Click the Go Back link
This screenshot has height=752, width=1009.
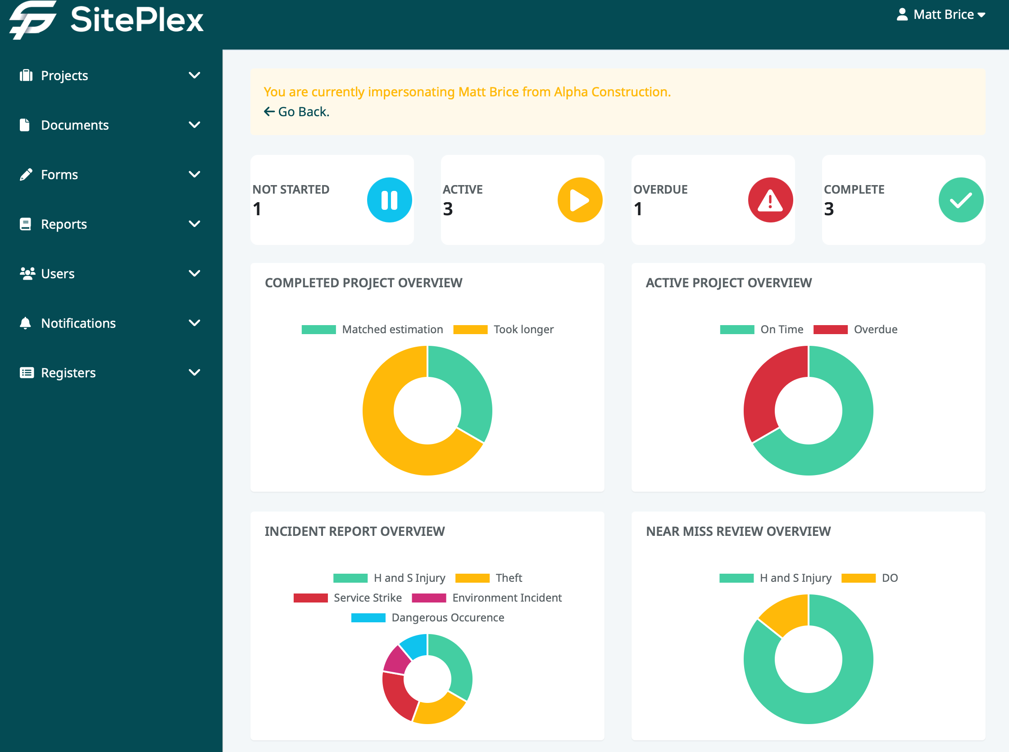click(x=297, y=112)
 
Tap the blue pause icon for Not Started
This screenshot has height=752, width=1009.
click(x=389, y=200)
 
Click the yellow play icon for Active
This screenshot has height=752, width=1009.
click(x=580, y=200)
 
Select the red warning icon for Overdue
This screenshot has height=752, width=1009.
click(x=770, y=200)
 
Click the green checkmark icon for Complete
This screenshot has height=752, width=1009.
click(x=961, y=200)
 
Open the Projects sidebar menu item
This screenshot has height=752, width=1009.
click(x=64, y=75)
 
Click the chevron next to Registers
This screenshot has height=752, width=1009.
click(x=195, y=372)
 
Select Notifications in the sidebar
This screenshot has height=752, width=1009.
click(x=78, y=323)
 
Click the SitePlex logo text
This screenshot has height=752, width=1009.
click(x=136, y=20)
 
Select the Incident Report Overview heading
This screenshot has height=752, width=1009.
click(x=354, y=531)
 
